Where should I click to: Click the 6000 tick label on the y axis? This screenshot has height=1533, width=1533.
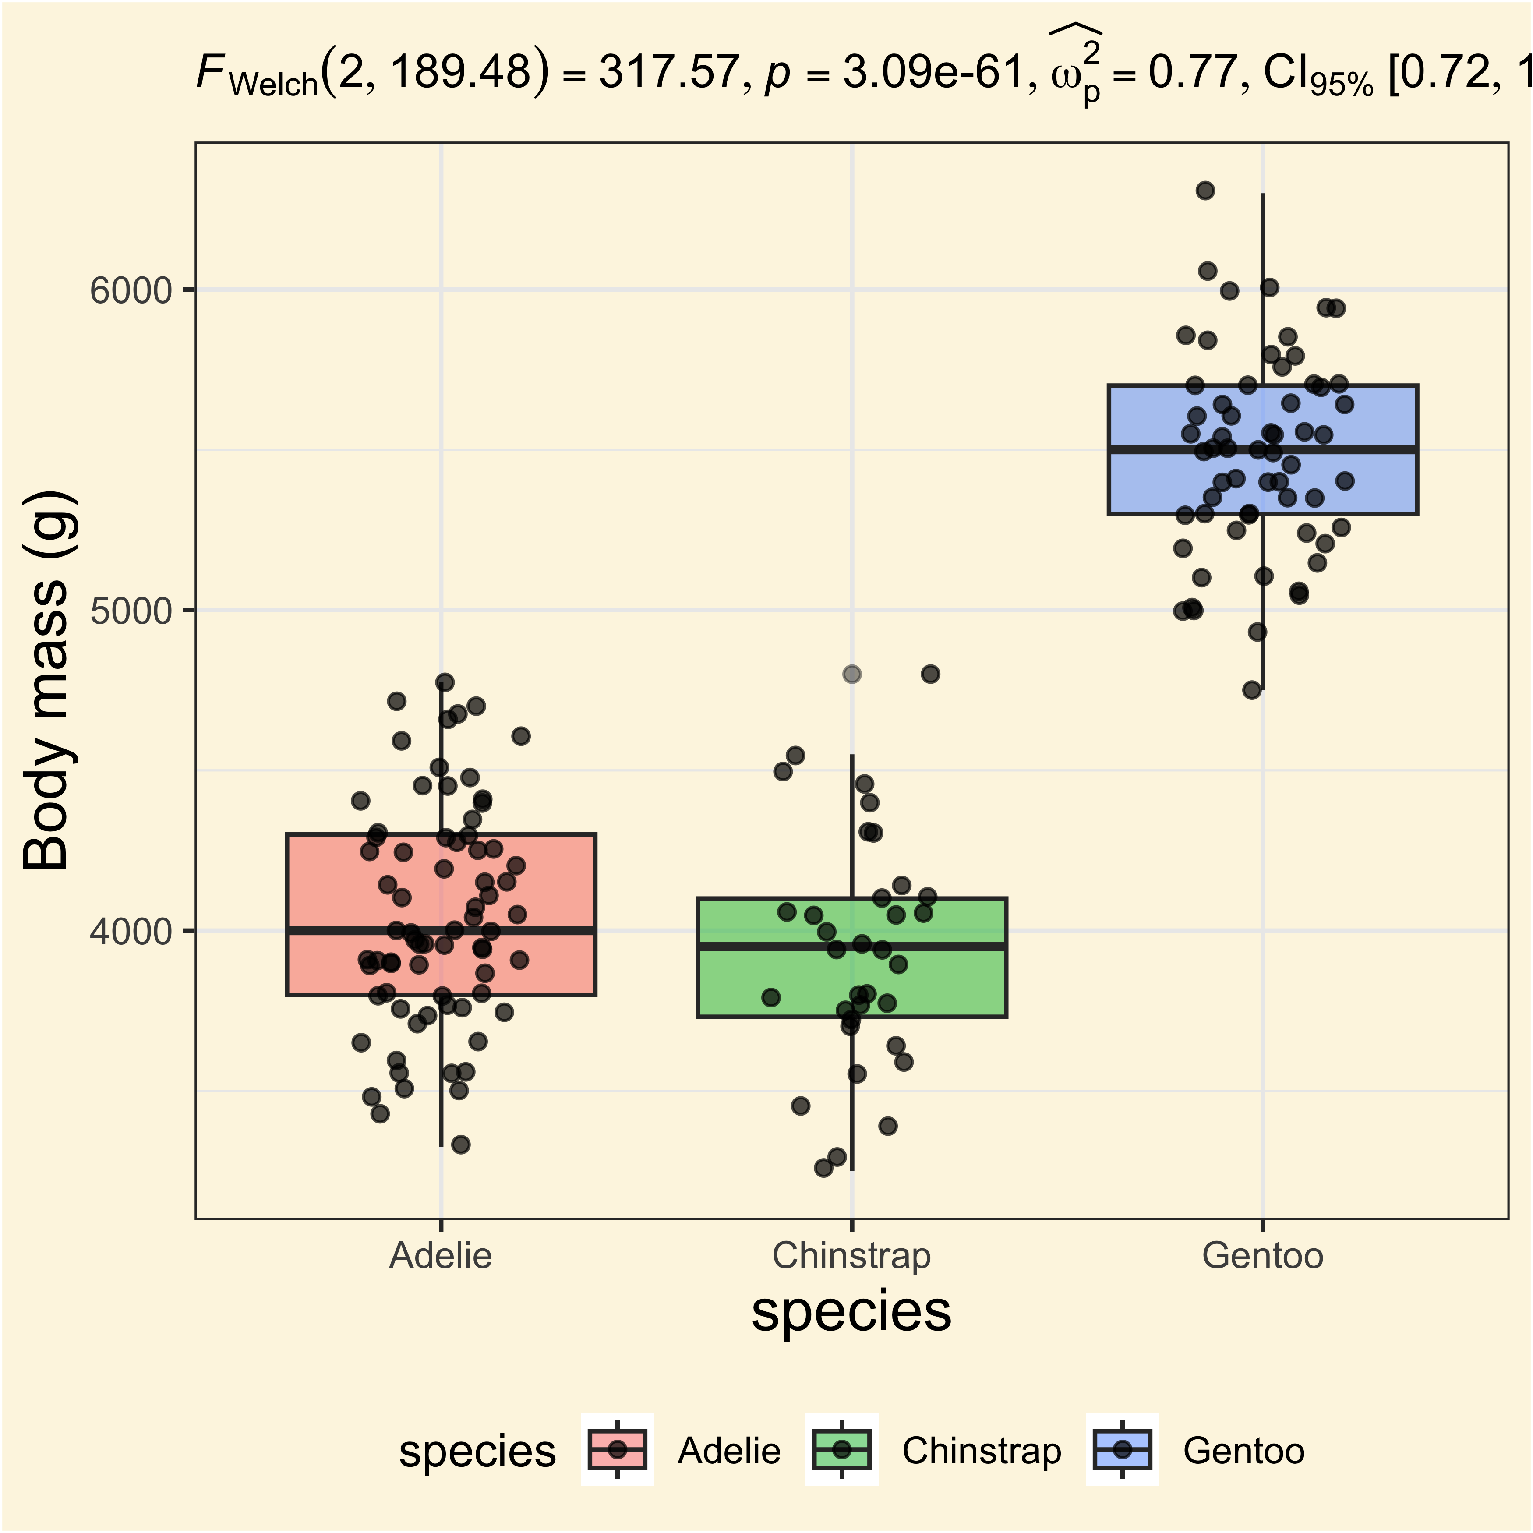tap(131, 290)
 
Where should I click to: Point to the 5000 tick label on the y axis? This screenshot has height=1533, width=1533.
tap(131, 611)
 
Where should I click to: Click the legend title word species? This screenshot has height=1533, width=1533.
tap(477, 1451)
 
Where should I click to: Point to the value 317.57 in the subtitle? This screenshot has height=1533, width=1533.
tap(669, 73)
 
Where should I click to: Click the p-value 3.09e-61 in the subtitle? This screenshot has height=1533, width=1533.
tap(933, 73)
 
